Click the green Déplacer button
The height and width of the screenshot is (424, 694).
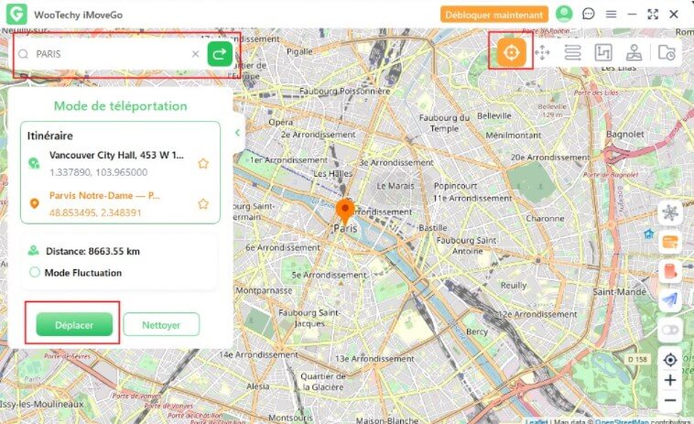[73, 323]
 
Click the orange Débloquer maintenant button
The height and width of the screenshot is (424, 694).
[494, 14]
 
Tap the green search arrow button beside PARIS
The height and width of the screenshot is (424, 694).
[220, 54]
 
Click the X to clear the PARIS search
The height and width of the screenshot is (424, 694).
[195, 54]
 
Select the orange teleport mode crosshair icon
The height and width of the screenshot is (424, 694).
[511, 52]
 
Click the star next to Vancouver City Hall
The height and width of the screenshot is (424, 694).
[203, 163]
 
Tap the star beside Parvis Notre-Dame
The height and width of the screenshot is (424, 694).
[203, 203]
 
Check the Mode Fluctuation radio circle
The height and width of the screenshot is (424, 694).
[35, 272]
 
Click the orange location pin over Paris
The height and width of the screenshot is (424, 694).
[345, 211]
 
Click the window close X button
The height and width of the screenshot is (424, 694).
[674, 14]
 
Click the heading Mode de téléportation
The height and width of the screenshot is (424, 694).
[120, 105]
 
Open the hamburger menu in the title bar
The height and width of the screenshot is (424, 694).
[611, 14]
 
